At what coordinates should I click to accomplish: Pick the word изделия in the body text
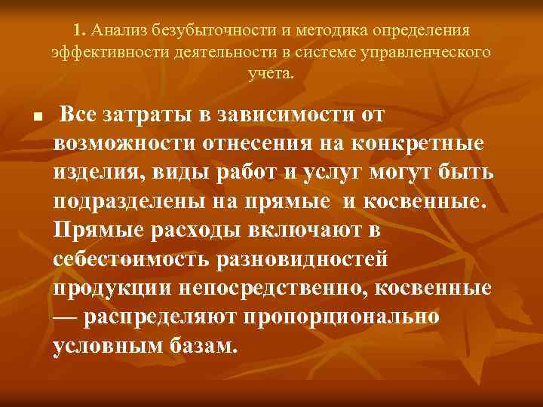point(94,173)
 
